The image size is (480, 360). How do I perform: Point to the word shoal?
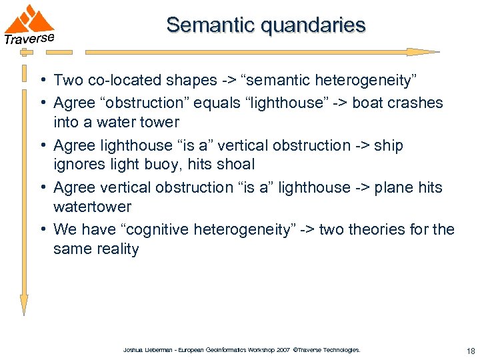[235, 165]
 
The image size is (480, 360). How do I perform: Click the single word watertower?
[92, 207]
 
